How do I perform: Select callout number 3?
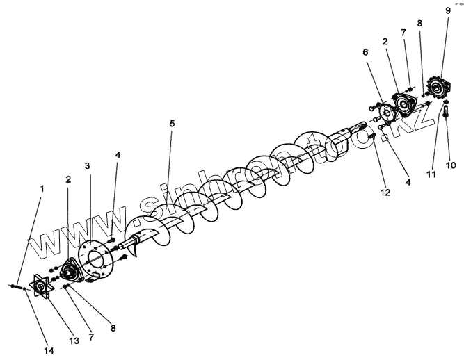point(88,166)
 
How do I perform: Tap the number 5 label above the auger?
point(172,123)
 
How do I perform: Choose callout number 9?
point(447,10)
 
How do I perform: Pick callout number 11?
point(431,174)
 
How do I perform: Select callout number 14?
point(49,350)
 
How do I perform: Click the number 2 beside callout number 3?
point(67,179)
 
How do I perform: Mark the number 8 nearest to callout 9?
point(419,23)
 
